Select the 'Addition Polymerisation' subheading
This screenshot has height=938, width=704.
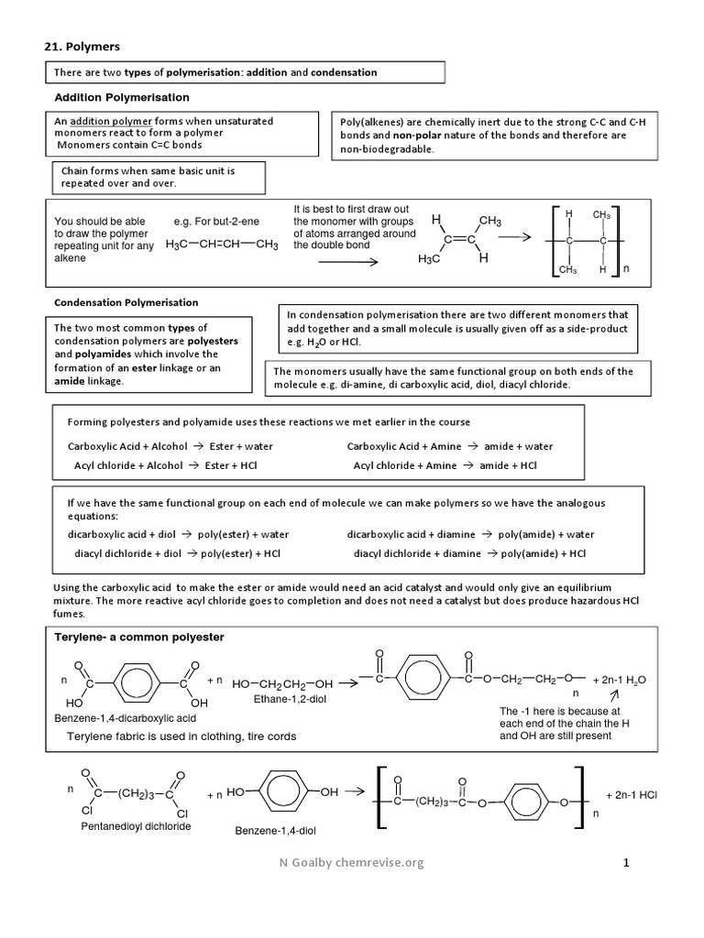tap(122, 97)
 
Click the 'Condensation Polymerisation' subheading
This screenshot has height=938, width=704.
tap(126, 302)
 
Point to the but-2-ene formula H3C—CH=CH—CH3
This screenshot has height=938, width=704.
tap(222, 245)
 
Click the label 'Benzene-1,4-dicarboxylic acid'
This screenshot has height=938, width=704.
tap(126, 718)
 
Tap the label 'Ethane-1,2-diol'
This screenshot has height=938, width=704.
tap(290, 700)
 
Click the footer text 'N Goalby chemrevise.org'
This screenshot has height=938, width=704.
tap(353, 862)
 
